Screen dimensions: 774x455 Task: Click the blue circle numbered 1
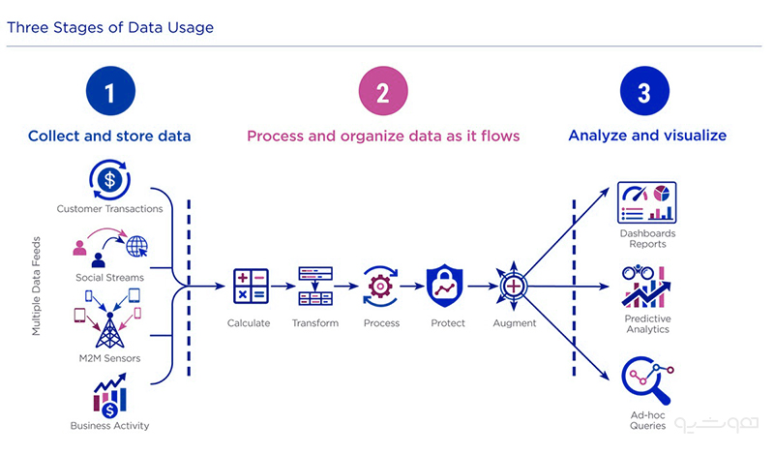(x=110, y=91)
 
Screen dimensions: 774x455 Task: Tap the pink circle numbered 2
(x=383, y=91)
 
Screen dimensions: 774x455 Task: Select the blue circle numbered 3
(x=644, y=91)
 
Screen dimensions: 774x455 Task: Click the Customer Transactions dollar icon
(x=109, y=179)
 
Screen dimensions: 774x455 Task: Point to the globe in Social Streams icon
(x=136, y=246)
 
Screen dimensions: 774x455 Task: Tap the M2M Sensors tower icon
(x=109, y=329)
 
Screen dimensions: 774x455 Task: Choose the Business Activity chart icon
(x=109, y=395)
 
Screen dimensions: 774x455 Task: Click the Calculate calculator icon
(x=251, y=286)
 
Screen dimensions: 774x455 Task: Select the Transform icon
(x=315, y=286)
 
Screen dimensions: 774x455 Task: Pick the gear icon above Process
(x=380, y=286)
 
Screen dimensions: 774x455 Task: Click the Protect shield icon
(x=445, y=286)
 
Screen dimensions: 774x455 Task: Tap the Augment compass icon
(x=514, y=286)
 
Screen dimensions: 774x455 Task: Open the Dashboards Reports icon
(x=646, y=202)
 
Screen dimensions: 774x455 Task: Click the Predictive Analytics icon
(x=646, y=286)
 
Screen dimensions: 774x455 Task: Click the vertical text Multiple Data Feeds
(x=36, y=286)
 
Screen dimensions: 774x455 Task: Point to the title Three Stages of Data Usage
(x=110, y=28)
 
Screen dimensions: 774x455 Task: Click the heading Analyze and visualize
(x=647, y=136)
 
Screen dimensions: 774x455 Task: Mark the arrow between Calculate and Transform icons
(x=283, y=286)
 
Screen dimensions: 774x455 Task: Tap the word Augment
(x=515, y=323)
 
